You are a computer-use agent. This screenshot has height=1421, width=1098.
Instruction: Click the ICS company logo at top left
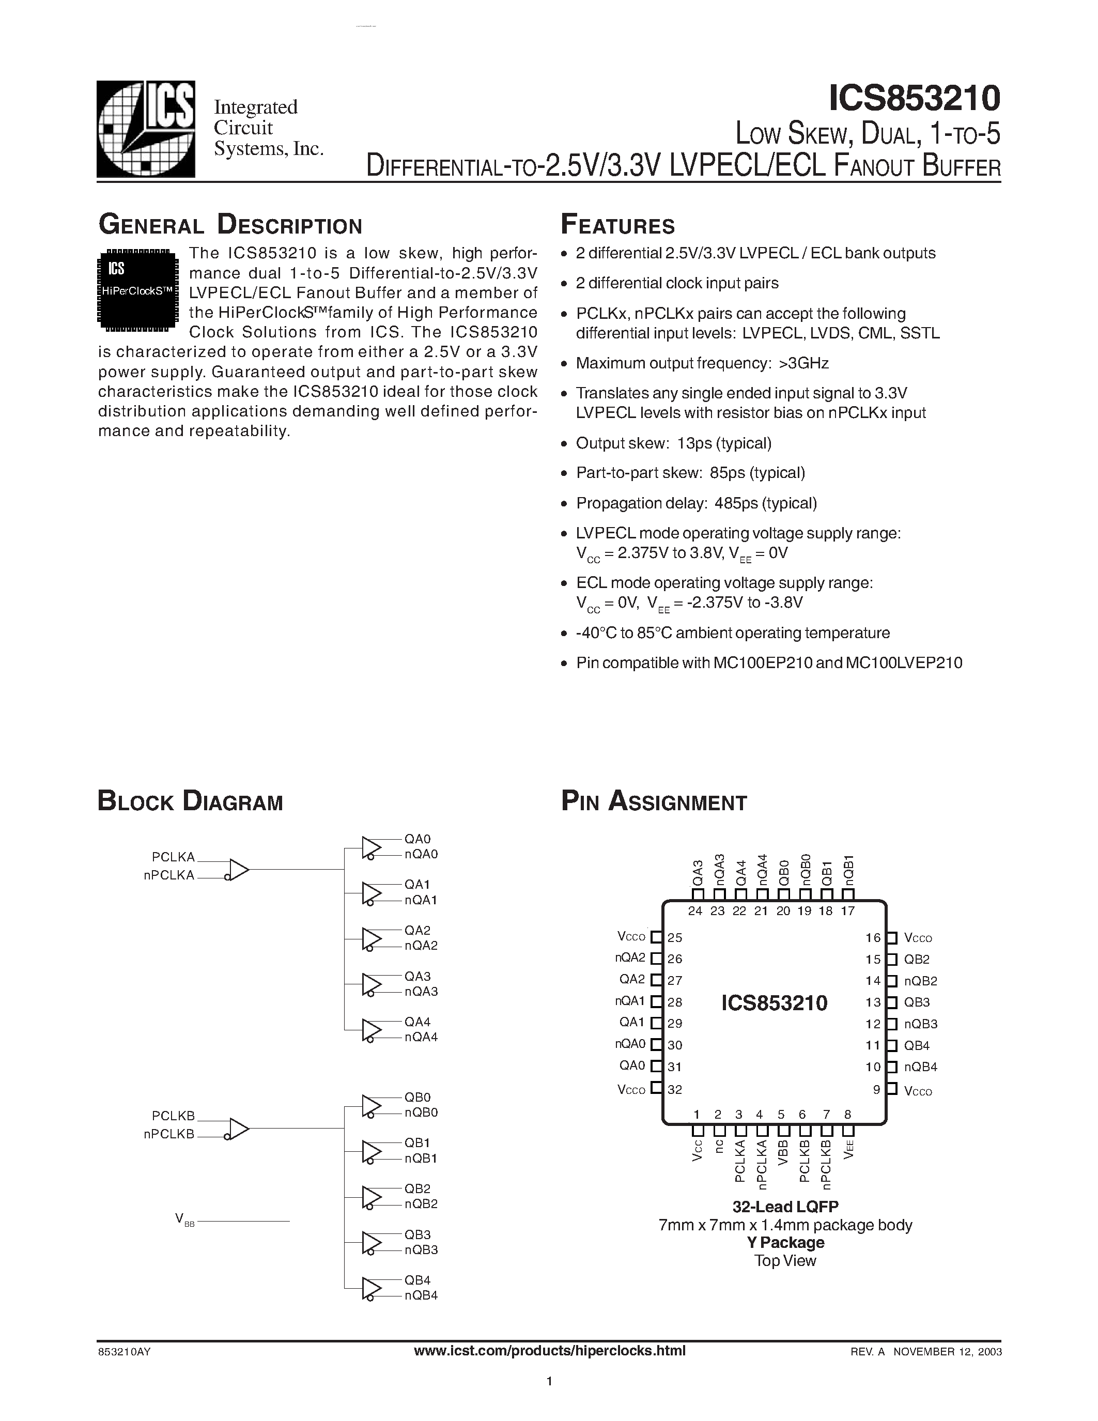tap(146, 129)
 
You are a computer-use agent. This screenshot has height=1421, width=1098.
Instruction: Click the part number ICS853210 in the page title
tap(914, 99)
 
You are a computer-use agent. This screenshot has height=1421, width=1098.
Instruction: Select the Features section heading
tap(617, 225)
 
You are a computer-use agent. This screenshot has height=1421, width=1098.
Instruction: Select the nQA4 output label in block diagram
tap(421, 1037)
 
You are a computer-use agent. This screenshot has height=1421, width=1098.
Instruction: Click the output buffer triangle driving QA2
tap(372, 939)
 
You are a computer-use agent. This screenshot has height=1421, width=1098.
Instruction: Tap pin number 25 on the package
tap(675, 937)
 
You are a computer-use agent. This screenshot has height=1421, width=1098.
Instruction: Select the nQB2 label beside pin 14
tap(920, 981)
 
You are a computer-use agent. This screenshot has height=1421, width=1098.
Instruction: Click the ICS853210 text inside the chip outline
tap(774, 1002)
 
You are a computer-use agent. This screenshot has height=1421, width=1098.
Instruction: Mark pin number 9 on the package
tap(876, 1090)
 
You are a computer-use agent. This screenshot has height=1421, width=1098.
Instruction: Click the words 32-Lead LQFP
tap(785, 1207)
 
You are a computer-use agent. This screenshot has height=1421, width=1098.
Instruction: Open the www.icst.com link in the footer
tap(550, 1351)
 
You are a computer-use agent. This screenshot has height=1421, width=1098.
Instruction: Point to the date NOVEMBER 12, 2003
tap(947, 1351)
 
